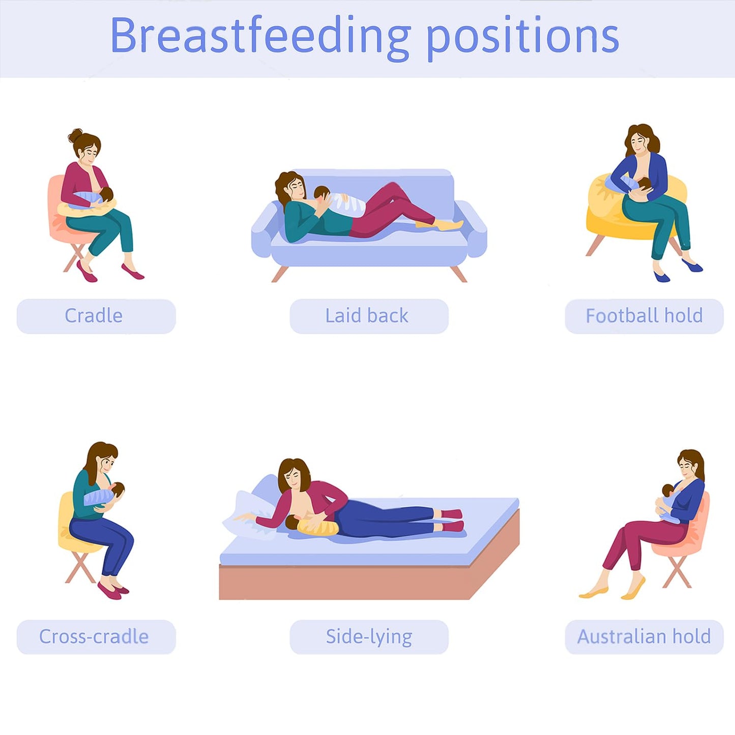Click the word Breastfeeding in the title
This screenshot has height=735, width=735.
click(x=260, y=36)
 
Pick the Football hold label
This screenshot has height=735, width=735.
click(x=644, y=316)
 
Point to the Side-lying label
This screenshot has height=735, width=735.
click(x=369, y=636)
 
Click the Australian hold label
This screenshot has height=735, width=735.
click(x=644, y=636)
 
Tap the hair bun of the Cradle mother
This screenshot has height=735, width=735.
click(x=76, y=135)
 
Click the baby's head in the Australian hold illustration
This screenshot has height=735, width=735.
click(x=668, y=490)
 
